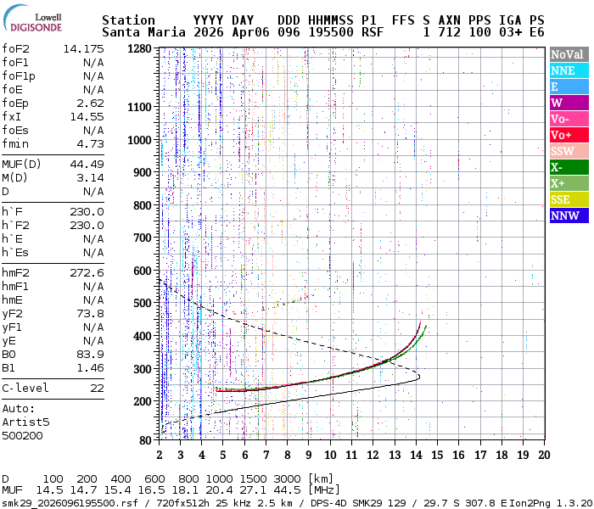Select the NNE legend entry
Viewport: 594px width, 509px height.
(569, 70)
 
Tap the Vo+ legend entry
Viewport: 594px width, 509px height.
(569, 135)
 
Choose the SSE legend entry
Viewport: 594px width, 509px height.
(569, 199)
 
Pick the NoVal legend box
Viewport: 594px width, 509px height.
(569, 54)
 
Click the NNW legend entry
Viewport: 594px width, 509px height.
(569, 215)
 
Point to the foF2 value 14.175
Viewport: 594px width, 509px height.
(83, 48)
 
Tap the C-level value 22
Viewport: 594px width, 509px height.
(97, 388)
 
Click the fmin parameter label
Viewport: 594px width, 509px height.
(16, 143)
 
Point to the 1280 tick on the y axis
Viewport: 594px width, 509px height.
(140, 48)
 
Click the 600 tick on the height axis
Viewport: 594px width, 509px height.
(143, 271)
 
